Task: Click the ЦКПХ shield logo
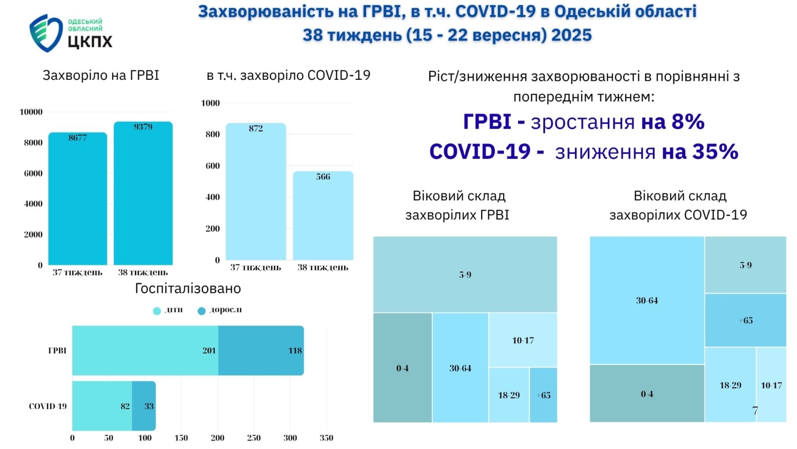pyautogui.click(x=45, y=33)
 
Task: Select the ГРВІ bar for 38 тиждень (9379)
pyautogui.click(x=143, y=195)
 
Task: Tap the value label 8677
pyautogui.click(x=78, y=138)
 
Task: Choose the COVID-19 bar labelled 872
pyautogui.click(x=256, y=192)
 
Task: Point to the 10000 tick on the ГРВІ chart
pyautogui.click(x=31, y=112)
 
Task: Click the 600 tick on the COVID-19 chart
pyautogui.click(x=212, y=166)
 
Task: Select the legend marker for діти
pyautogui.click(x=157, y=311)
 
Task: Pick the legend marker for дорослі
pyautogui.click(x=202, y=311)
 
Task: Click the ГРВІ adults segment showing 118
pyautogui.click(x=261, y=350)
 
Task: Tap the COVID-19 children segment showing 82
pyautogui.click(x=102, y=406)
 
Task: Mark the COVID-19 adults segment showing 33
pyautogui.click(x=144, y=406)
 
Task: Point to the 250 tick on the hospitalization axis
pyautogui.click(x=254, y=438)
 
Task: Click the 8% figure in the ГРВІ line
pyautogui.click(x=688, y=122)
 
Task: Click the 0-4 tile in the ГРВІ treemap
pyautogui.click(x=402, y=368)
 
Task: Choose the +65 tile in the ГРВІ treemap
pyautogui.click(x=543, y=395)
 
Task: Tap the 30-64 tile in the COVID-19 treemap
pyautogui.click(x=647, y=300)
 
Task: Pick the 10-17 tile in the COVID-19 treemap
pyautogui.click(x=771, y=385)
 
